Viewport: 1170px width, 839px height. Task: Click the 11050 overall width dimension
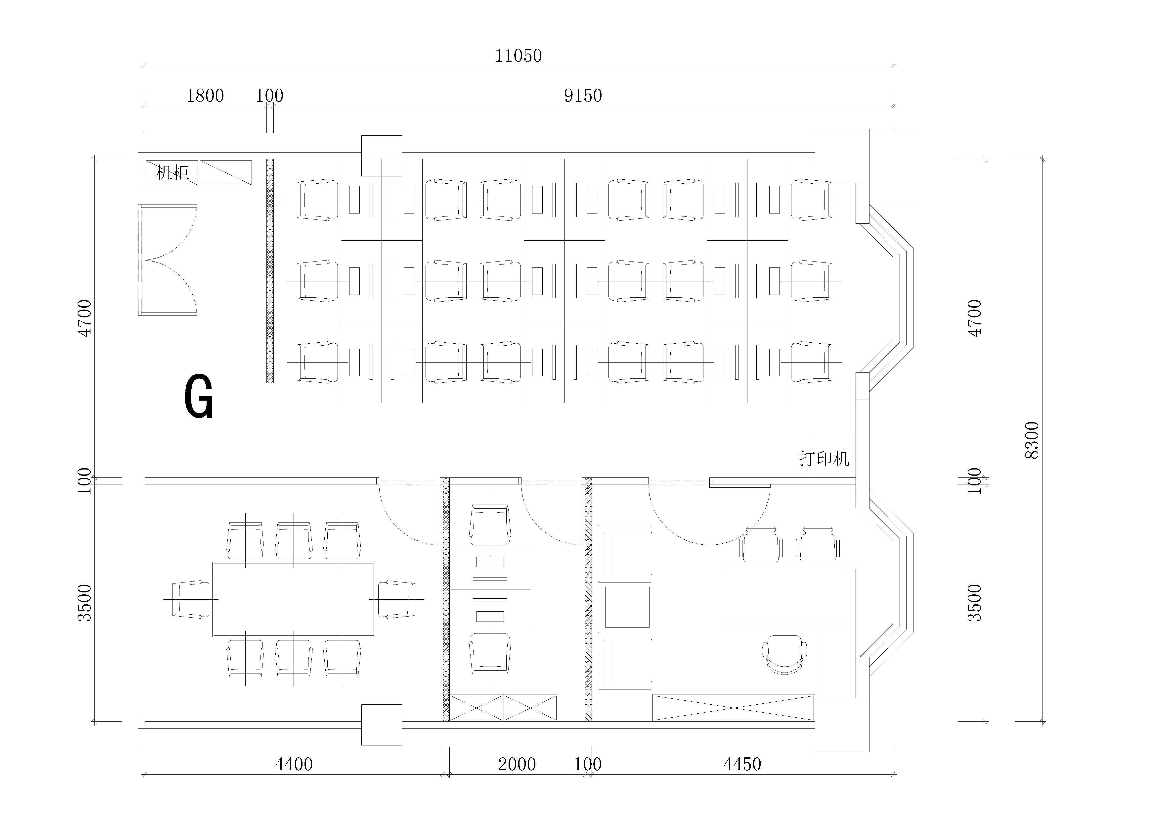(x=519, y=56)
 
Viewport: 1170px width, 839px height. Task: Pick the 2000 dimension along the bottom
(x=517, y=764)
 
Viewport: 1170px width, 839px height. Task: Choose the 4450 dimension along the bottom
(x=742, y=764)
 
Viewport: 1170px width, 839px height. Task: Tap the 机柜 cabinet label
(x=172, y=172)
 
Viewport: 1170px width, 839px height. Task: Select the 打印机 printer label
(x=824, y=459)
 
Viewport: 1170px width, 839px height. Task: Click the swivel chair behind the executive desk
(x=785, y=654)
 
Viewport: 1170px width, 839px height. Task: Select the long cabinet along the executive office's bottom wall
(x=734, y=707)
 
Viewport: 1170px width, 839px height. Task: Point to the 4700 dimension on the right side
(x=975, y=318)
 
